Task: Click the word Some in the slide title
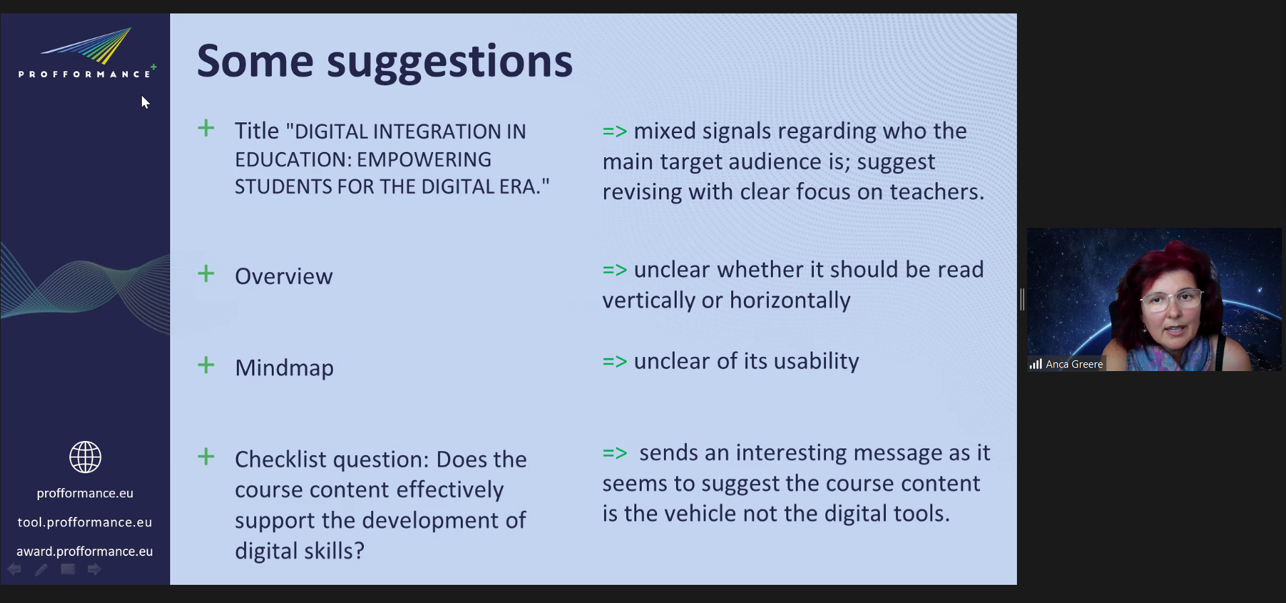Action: point(255,61)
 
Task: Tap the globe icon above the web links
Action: point(85,457)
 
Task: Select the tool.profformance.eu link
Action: point(85,522)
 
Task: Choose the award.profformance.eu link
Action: point(85,551)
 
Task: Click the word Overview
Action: point(284,276)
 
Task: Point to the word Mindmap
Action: point(285,368)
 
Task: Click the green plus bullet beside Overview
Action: point(206,274)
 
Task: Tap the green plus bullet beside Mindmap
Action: point(206,365)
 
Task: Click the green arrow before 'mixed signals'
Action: point(615,131)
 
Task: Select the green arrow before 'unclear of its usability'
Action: point(615,362)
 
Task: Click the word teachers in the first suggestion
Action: point(937,192)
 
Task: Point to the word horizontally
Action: point(790,300)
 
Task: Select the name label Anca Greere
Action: point(1074,364)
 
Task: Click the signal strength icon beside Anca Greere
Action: point(1036,364)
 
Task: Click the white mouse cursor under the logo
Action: point(145,102)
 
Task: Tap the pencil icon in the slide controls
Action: point(41,569)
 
